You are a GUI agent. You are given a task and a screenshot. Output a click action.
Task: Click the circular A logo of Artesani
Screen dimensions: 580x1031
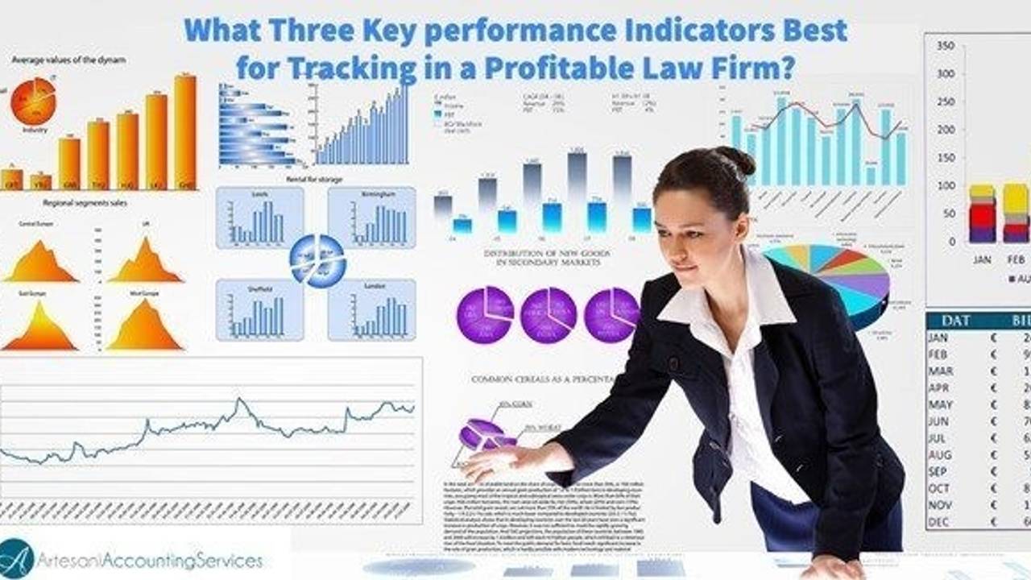pos(17,557)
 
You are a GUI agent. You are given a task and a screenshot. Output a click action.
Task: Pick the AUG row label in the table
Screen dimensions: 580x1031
pos(939,455)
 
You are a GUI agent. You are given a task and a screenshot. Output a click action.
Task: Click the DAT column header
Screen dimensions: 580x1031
pos(955,320)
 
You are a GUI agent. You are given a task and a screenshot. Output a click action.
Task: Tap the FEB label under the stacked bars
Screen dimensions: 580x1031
pos(1017,260)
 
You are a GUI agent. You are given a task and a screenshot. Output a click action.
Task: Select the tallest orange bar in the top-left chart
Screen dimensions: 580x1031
pos(185,131)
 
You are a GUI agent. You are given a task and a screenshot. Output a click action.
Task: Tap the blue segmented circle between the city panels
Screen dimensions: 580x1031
pos(317,261)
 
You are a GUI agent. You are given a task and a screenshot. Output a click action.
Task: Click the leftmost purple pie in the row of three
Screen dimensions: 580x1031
pos(485,314)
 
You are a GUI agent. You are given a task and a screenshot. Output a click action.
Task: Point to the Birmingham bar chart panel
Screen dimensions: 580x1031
pos(372,217)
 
